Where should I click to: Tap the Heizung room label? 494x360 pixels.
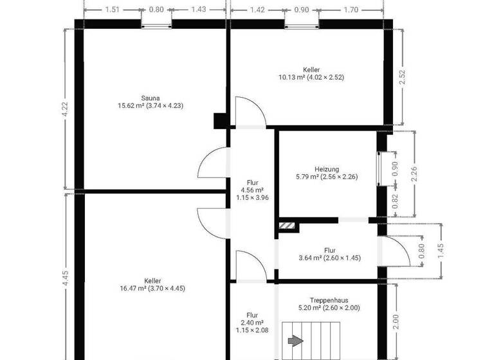tap(326, 169)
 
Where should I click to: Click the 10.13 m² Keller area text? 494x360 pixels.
tap(311, 77)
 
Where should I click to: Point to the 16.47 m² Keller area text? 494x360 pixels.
tap(152, 289)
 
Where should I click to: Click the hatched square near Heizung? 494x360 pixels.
tap(288, 226)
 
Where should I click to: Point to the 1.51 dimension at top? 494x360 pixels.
tap(112, 10)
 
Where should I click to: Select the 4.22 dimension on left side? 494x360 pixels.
tap(64, 107)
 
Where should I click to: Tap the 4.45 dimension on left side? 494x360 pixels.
tap(64, 276)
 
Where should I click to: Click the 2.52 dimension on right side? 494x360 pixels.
tap(403, 78)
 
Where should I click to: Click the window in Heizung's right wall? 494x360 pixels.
tap(380, 168)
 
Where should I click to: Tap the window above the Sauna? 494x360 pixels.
tap(156, 25)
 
